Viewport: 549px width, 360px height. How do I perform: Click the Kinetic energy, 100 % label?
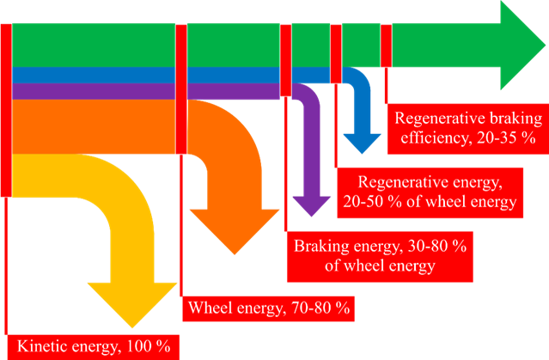coord(94,347)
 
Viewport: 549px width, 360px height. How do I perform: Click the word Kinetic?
coord(44,347)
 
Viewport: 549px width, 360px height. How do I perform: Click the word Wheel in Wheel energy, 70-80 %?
coord(209,308)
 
